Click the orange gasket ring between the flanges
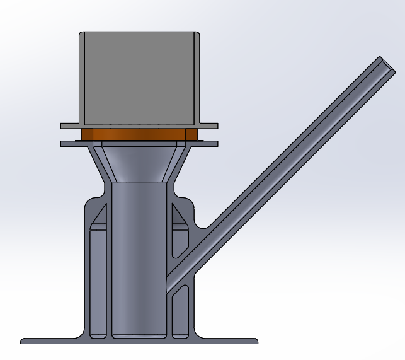pos(139,135)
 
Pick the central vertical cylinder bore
pos(139,252)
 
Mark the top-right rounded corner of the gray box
pos(197,35)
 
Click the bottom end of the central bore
pos(139,334)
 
